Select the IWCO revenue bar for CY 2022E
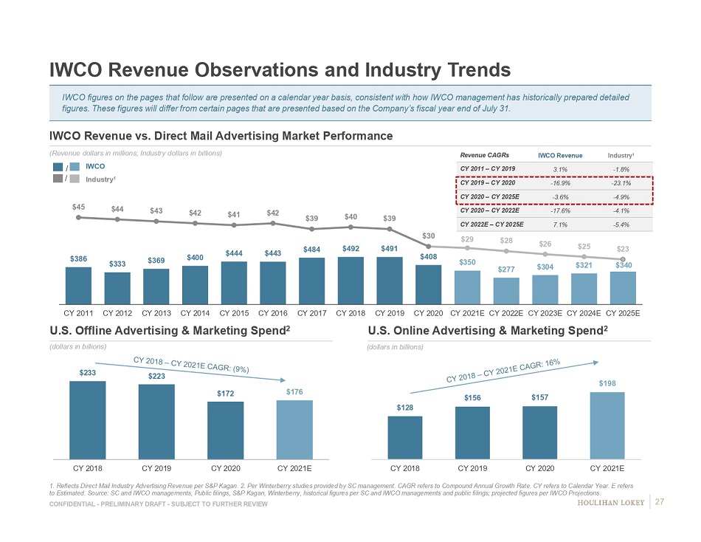click(x=506, y=290)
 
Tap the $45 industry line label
click(x=77, y=207)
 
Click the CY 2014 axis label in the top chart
click(x=195, y=312)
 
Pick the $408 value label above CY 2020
click(x=429, y=256)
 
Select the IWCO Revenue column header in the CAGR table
click(x=560, y=155)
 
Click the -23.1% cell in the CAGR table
click(x=619, y=182)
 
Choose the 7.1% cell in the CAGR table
click(x=560, y=224)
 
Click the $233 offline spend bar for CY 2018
click(x=87, y=419)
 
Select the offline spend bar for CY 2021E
click(x=294, y=429)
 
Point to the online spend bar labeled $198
click(x=606, y=425)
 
